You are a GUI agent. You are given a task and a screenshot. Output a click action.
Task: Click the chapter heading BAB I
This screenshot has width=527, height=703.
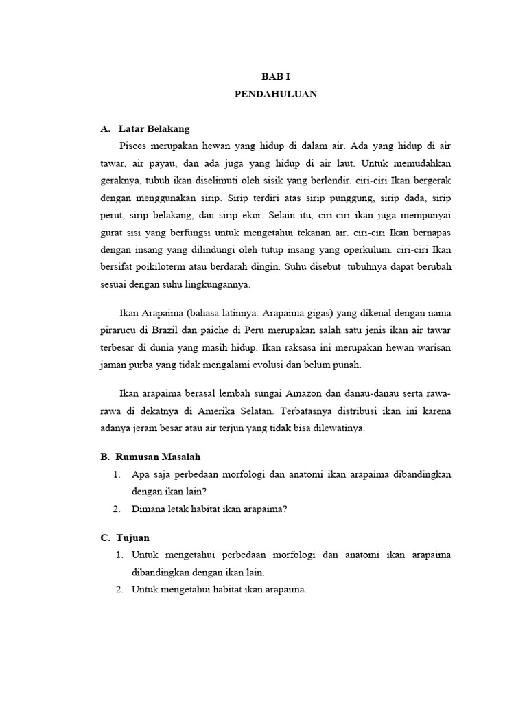tap(275, 78)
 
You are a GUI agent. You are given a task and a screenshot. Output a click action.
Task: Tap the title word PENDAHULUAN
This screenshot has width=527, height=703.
tap(275, 95)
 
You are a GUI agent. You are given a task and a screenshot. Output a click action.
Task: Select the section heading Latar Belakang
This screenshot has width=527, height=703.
tap(154, 129)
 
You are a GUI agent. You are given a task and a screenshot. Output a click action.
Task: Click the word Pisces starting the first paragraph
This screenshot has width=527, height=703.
tap(134, 146)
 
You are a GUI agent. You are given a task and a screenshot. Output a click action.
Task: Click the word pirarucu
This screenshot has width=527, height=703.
tap(119, 332)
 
